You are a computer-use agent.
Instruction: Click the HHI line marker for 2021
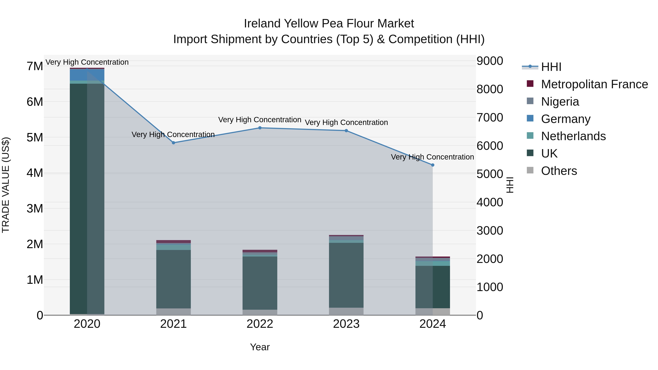pyautogui.click(x=173, y=143)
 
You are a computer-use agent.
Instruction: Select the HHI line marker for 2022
pyautogui.click(x=260, y=128)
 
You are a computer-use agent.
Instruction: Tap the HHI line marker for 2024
pyautogui.click(x=433, y=165)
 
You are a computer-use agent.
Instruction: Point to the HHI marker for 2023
pyautogui.click(x=346, y=131)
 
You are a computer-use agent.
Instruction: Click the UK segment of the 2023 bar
pyautogui.click(x=346, y=275)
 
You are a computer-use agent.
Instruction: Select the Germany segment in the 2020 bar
pyautogui.click(x=87, y=75)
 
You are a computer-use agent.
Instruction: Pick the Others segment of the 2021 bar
pyautogui.click(x=173, y=312)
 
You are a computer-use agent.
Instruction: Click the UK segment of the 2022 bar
pyautogui.click(x=260, y=283)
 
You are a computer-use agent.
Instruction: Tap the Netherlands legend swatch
pyautogui.click(x=530, y=136)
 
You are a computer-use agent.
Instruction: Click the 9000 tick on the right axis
pyautogui.click(x=490, y=61)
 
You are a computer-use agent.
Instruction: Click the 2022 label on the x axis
pyautogui.click(x=260, y=324)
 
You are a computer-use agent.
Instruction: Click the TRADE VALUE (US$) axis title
pyautogui.click(x=6, y=185)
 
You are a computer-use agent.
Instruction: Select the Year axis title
pyautogui.click(x=260, y=347)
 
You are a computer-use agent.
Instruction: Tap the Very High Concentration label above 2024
pyautogui.click(x=432, y=157)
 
